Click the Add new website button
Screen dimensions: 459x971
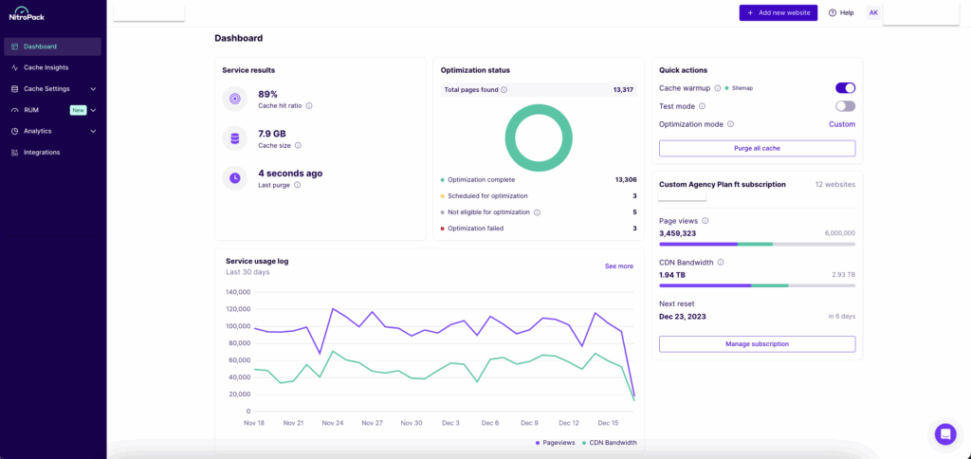tap(778, 12)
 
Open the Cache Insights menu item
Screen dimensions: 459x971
tap(46, 67)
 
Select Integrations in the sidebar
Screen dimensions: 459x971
tap(42, 152)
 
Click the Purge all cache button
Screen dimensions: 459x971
tap(757, 149)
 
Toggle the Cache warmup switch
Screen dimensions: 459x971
tap(845, 88)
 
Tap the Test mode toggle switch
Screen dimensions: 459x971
tap(845, 106)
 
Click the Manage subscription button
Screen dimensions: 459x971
tap(757, 344)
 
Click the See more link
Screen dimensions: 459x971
tap(618, 266)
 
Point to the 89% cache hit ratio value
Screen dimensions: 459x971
tap(268, 94)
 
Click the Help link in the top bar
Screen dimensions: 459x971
tap(841, 12)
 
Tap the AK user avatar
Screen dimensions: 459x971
tap(873, 12)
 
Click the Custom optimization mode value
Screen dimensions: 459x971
tap(841, 124)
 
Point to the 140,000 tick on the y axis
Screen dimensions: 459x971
tap(238, 292)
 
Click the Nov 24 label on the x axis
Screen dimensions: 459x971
tap(333, 423)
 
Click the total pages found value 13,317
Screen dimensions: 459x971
tap(623, 90)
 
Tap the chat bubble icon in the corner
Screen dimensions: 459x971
tap(944, 433)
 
